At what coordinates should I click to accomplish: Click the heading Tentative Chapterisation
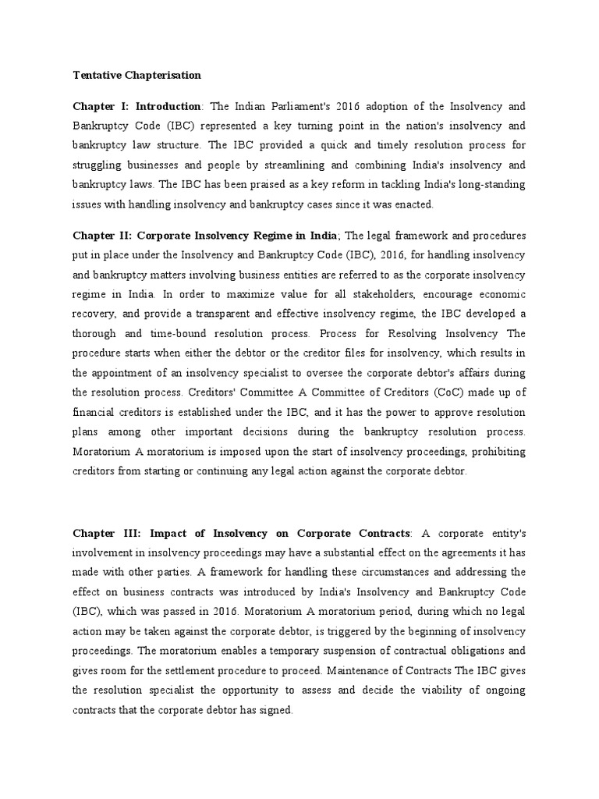click(x=136, y=76)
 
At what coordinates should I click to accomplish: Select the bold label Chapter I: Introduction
click(x=137, y=105)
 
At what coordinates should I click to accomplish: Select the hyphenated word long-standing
click(x=486, y=185)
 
